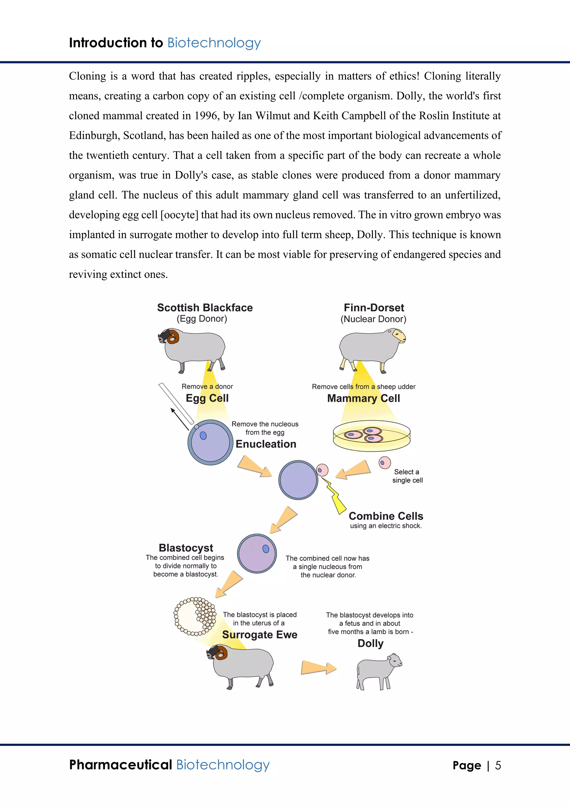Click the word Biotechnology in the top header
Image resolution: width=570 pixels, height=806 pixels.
pyautogui.click(x=214, y=43)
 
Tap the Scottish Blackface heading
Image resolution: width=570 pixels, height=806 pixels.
pyautogui.click(x=205, y=308)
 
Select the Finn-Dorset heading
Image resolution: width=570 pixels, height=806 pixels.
pyautogui.click(x=374, y=308)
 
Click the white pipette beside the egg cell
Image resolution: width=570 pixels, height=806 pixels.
pyautogui.click(x=176, y=403)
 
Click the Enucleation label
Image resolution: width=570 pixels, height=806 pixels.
pyautogui.click(x=266, y=444)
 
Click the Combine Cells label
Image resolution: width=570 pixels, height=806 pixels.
pyautogui.click(x=386, y=516)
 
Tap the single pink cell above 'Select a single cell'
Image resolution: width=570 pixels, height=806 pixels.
pyautogui.click(x=385, y=462)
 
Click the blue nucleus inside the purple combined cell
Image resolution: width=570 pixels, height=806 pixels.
pyautogui.click(x=266, y=549)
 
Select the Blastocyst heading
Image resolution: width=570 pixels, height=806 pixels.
pyautogui.click(x=186, y=548)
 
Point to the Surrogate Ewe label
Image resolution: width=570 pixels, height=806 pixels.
pyautogui.click(x=260, y=635)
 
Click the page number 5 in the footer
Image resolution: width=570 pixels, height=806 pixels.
pyautogui.click(x=498, y=765)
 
